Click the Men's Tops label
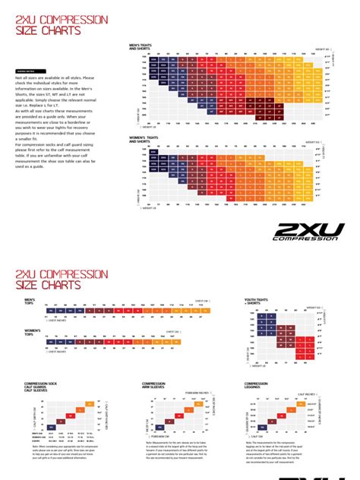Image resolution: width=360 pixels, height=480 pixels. [x=31, y=302]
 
